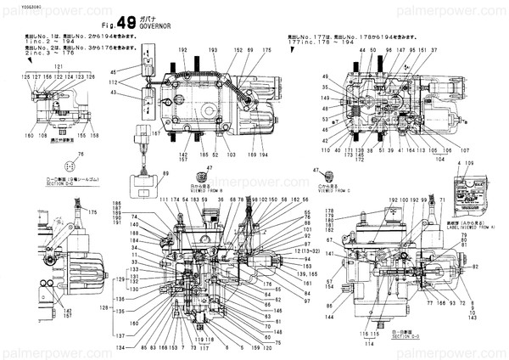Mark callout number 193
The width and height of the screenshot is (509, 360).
tap(213, 52)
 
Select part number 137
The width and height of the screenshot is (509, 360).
tap(120, 335)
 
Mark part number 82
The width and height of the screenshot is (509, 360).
tap(500, 266)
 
